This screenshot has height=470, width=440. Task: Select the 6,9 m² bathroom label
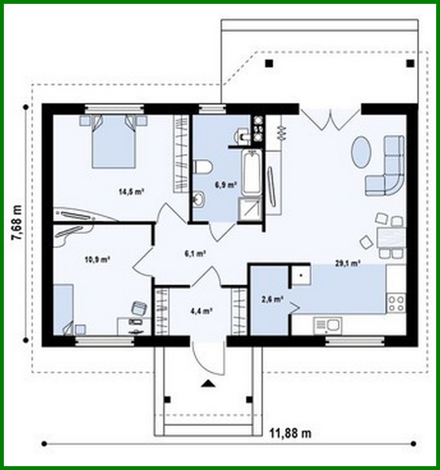tap(225, 185)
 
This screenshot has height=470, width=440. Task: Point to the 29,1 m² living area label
tap(348, 264)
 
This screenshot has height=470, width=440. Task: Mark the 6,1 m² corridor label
tap(195, 253)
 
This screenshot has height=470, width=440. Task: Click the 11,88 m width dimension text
tap(290, 433)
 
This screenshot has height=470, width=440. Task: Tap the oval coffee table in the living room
tap(360, 152)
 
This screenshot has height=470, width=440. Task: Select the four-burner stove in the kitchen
tap(396, 303)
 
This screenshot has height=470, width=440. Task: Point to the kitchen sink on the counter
tap(327, 325)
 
